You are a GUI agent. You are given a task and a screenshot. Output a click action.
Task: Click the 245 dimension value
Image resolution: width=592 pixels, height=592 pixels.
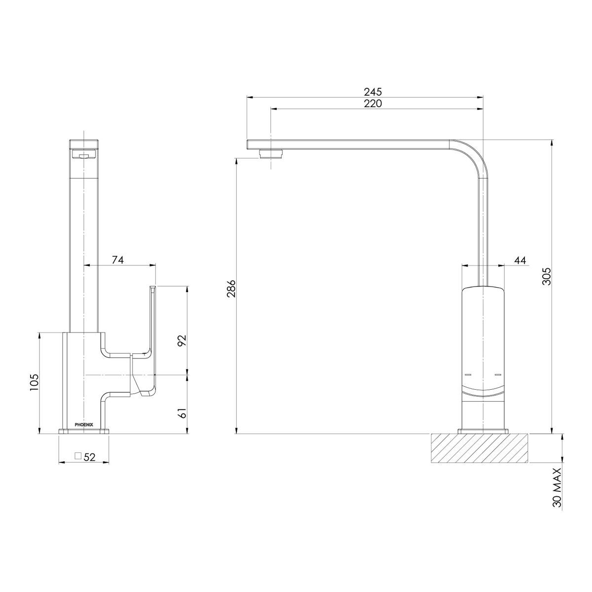[x=373, y=92]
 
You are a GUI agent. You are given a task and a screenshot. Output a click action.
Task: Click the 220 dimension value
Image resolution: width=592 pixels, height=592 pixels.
[x=373, y=104]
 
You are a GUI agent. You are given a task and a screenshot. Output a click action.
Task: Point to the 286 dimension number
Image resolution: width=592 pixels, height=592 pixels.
[x=231, y=290]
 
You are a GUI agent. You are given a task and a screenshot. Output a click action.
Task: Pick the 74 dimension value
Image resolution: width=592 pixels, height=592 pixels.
[x=117, y=260]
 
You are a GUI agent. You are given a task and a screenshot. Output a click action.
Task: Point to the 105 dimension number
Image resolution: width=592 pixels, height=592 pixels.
[x=34, y=383]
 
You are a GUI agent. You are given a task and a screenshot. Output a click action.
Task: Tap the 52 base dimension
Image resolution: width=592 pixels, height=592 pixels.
[x=89, y=457]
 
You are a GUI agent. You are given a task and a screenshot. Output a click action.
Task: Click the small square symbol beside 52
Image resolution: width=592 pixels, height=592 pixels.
[x=77, y=456]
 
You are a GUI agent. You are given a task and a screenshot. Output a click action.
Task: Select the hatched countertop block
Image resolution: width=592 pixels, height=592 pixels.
[x=479, y=448]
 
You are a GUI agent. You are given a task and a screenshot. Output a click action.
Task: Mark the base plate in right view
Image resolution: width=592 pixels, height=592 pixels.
[x=482, y=432]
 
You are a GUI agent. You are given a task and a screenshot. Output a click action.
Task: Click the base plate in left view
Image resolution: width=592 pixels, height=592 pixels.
[x=83, y=432]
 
